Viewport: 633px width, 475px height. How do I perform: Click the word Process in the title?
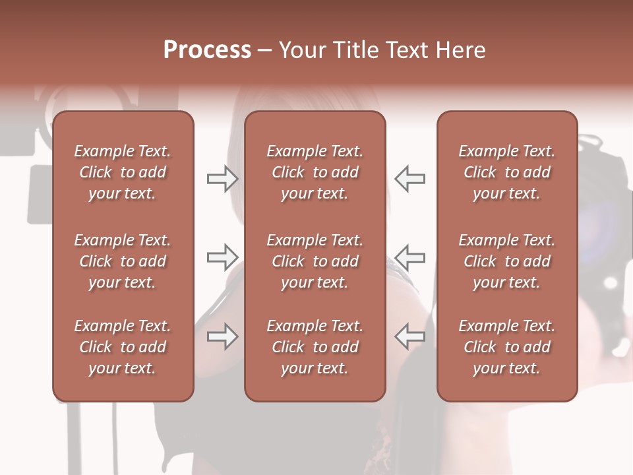pos(207,50)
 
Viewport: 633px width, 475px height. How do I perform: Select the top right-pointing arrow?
pos(222,178)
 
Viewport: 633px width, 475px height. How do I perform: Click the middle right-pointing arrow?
pos(222,257)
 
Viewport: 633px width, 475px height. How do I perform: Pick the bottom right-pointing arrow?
pos(222,336)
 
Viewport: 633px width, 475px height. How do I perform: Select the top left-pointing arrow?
pos(409,178)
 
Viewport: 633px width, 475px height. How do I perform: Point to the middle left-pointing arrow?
pos(409,257)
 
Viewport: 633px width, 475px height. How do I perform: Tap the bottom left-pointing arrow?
pos(409,336)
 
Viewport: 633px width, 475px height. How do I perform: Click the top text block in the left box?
pos(123,172)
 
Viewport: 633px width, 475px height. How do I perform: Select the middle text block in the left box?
pos(123,261)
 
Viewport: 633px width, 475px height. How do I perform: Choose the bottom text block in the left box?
pos(123,347)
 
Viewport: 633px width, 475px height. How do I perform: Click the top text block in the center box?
pos(315,172)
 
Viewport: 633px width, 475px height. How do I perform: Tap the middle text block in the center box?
pos(315,261)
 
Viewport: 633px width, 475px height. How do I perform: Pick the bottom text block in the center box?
pos(315,347)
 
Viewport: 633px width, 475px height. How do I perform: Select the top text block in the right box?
pos(507,172)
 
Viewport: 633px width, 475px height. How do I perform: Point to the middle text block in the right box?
pos(507,261)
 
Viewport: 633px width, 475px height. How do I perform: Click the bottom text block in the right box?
pos(507,347)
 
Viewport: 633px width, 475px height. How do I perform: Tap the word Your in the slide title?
pos(301,50)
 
